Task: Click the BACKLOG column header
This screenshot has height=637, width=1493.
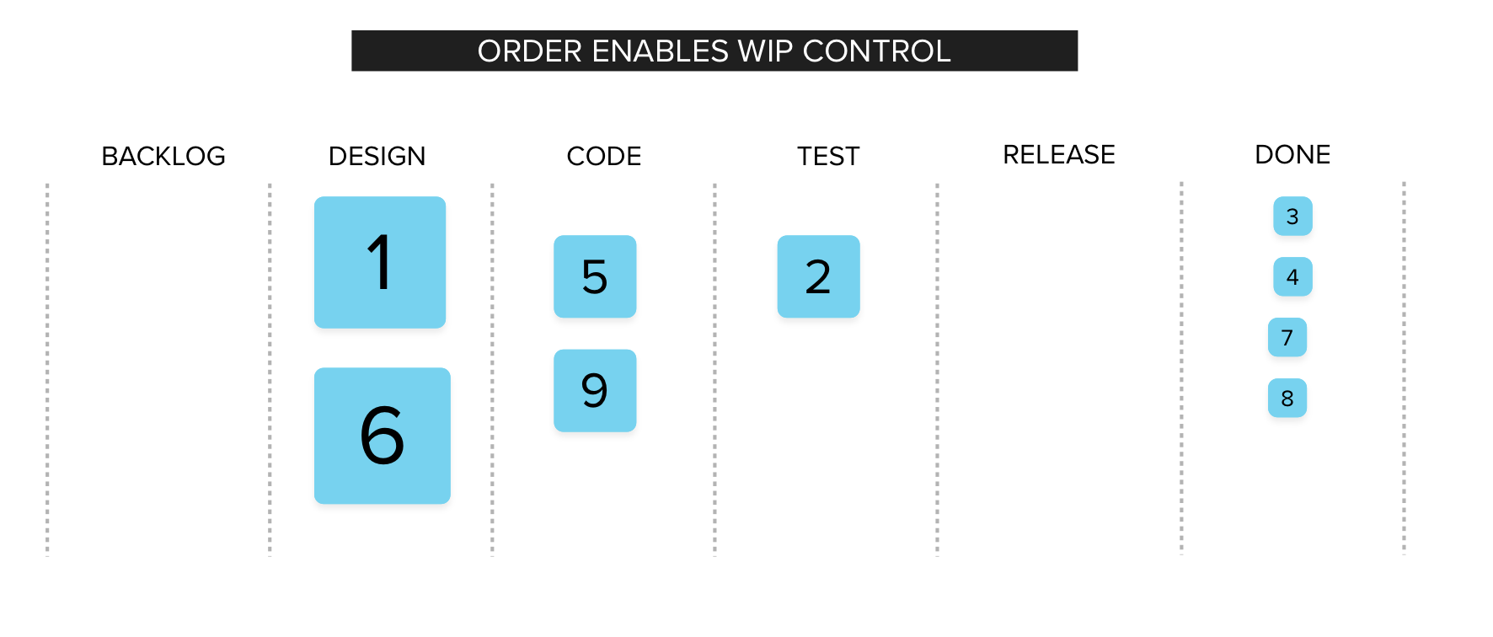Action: (163, 156)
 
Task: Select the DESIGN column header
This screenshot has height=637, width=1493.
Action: (377, 156)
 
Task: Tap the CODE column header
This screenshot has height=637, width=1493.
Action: (604, 156)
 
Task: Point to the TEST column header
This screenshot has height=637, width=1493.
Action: (828, 156)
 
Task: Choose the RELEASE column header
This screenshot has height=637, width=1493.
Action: (1059, 154)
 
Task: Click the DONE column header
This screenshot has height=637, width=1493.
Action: (1292, 154)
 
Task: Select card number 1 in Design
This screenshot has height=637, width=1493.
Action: (380, 262)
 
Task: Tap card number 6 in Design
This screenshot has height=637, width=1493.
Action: (383, 436)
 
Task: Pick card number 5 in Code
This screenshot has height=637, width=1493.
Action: (595, 276)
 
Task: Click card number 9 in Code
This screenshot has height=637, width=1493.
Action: (595, 390)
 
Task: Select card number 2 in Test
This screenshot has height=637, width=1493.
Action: (818, 276)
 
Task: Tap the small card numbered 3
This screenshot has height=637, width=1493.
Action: (1292, 216)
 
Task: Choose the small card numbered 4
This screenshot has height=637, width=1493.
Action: (1292, 276)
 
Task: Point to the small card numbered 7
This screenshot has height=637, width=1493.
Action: (1287, 337)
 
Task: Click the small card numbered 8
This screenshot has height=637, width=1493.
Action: (1287, 398)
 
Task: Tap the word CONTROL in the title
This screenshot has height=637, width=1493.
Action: (877, 51)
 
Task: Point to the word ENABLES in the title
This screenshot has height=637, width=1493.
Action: (661, 51)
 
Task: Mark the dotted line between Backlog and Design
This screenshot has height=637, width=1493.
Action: (270, 369)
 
